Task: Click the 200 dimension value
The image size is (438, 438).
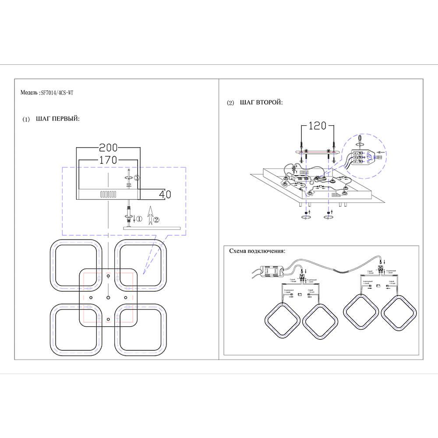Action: click(x=109, y=148)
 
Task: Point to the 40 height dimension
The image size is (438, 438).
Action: click(x=165, y=194)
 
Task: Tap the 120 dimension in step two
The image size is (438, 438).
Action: click(x=318, y=126)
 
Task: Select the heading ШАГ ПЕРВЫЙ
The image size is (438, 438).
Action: click(x=57, y=119)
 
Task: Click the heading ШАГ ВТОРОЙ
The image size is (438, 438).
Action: click(x=261, y=103)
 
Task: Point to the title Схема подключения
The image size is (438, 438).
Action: click(x=257, y=251)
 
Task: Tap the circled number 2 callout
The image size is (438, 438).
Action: click(x=157, y=219)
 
